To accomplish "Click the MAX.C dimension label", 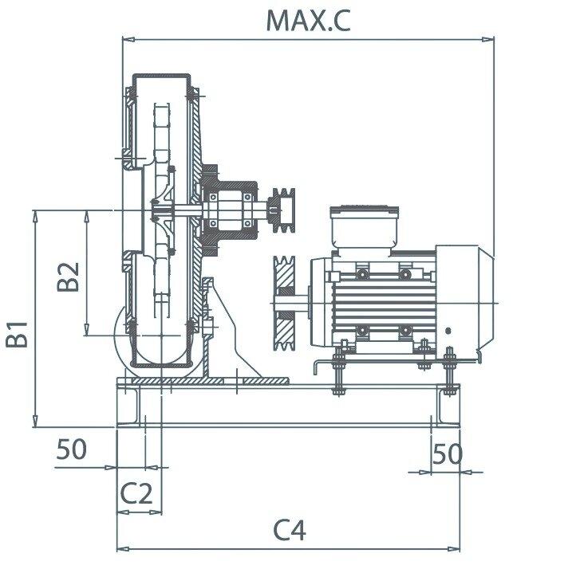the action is click(x=308, y=21).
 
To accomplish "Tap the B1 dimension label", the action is click(x=17, y=334).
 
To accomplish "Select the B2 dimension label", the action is click(x=68, y=277).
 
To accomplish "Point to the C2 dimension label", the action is click(x=136, y=493).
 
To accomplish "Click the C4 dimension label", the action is click(x=290, y=530).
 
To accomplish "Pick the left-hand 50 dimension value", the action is click(x=72, y=449).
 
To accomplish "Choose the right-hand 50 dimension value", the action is click(x=447, y=453).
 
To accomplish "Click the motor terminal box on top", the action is click(x=364, y=228).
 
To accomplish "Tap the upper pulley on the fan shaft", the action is click(x=282, y=210).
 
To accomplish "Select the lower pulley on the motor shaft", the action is click(x=284, y=303).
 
